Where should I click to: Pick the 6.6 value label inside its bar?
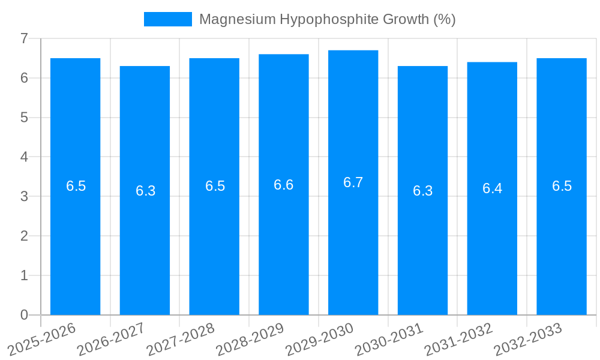click(x=283, y=185)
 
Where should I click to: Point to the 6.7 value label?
click(x=353, y=182)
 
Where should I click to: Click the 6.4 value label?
click(x=492, y=188)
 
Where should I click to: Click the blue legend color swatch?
click(x=167, y=19)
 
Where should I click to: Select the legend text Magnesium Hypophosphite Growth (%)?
click(x=327, y=19)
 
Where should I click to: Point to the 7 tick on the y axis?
click(x=24, y=38)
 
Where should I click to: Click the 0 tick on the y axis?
click(x=24, y=315)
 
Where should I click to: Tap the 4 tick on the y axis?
click(x=24, y=157)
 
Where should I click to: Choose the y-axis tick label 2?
click(x=24, y=236)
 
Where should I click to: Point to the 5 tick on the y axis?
click(x=24, y=118)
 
